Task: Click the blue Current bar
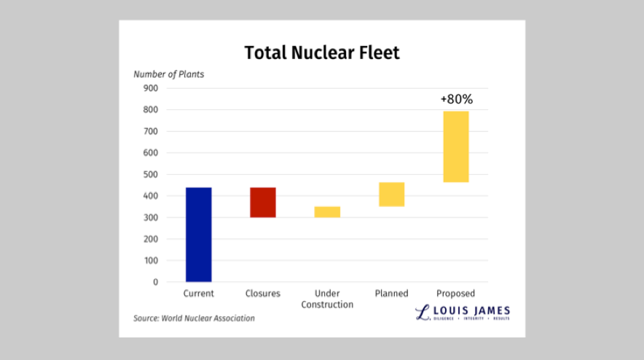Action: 198,235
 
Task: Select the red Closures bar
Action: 263,203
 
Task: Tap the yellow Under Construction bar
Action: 327,212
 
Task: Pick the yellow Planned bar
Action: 391,195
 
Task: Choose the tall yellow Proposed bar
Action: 456,146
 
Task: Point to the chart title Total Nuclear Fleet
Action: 322,53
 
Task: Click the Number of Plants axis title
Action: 168,74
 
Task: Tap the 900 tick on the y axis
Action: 151,88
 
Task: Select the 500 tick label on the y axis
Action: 151,174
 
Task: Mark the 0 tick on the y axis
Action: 155,282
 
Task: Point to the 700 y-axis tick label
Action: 151,131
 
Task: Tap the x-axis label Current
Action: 198,294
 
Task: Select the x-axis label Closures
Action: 263,294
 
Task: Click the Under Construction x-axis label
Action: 327,299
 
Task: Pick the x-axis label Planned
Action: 391,294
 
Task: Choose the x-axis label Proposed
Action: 456,294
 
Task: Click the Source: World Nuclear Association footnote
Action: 194,318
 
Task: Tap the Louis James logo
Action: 463,313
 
